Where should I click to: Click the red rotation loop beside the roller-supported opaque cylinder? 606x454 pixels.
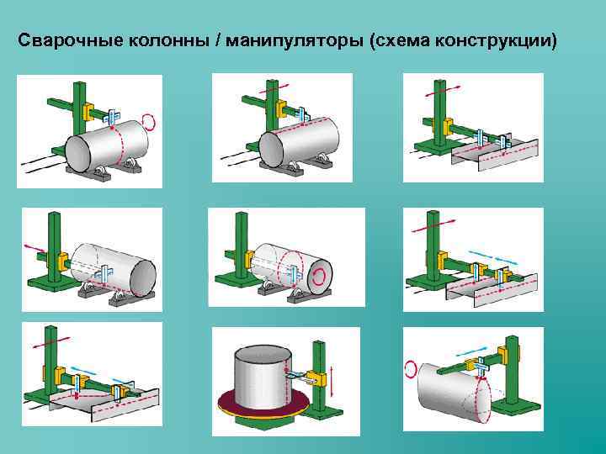click(x=150, y=121)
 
